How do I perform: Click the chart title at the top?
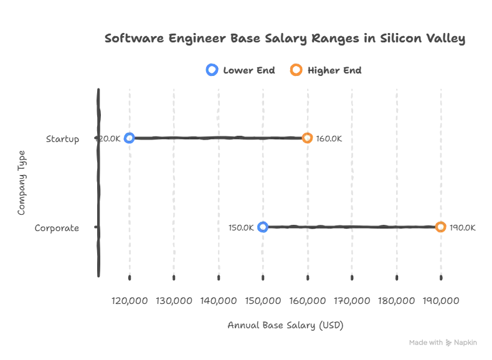(286, 40)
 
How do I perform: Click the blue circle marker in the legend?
(212, 70)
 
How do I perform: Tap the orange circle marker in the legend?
(296, 70)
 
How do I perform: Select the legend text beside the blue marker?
(249, 70)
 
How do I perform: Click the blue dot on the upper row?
(129, 138)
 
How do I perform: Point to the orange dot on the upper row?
(307, 138)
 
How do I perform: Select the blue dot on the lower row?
(263, 227)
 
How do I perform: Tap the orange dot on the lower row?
(441, 227)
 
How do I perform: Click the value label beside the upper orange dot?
(331, 139)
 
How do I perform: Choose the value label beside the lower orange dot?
(465, 229)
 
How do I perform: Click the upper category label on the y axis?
(62, 140)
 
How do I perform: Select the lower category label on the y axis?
(57, 229)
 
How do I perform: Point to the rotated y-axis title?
(22, 184)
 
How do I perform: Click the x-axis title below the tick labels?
(283, 324)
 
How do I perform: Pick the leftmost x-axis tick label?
(129, 301)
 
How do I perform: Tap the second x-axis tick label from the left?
(174, 301)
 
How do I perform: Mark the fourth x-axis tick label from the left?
(263, 301)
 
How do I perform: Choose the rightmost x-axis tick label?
(442, 301)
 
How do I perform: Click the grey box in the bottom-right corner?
(443, 344)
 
